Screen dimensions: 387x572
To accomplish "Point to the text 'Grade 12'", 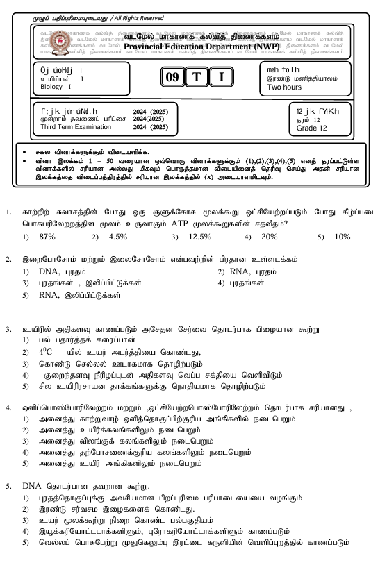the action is [x=311, y=128].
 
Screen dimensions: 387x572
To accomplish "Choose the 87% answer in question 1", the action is [x=47, y=237].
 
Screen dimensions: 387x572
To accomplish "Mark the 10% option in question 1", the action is [x=342, y=237].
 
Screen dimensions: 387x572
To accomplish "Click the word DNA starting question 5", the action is [x=33, y=486].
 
